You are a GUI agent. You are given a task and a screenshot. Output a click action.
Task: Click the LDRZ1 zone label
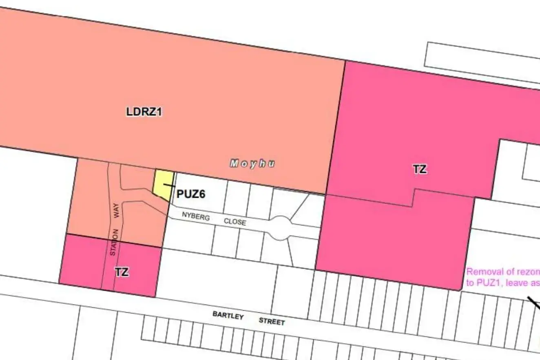[x=144, y=112]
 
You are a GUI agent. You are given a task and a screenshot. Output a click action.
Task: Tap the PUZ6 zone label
[x=190, y=194]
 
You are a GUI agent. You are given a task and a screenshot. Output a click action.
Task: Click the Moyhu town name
[x=252, y=164]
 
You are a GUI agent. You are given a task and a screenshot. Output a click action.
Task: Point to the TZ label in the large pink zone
[x=420, y=169]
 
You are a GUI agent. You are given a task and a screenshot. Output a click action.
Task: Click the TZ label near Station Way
[x=122, y=272]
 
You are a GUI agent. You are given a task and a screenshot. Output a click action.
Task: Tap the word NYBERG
[x=196, y=216]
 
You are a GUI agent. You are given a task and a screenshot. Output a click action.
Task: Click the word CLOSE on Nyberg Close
[x=235, y=222]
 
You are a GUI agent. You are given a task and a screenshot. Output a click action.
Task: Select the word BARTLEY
[x=228, y=316]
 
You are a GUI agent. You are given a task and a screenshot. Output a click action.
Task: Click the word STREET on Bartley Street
[x=272, y=322]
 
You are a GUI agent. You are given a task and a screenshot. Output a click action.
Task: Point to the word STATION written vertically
[x=114, y=243]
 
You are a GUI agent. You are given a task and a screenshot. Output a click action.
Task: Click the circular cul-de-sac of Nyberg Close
[x=281, y=227]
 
